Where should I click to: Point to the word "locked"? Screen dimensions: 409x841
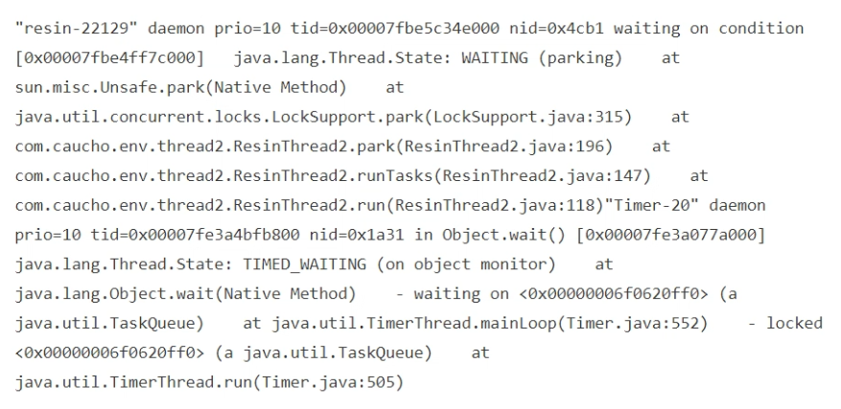coord(795,323)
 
